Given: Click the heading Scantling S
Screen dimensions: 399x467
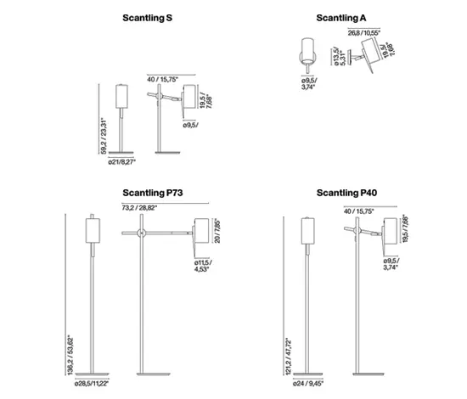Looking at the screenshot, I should (x=146, y=17).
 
